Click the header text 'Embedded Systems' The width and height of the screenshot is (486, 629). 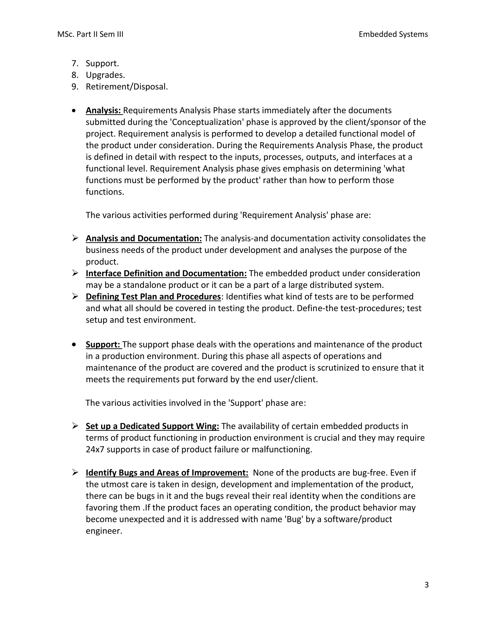click(x=393, y=34)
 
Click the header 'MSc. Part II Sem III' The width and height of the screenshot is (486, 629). click(x=90, y=34)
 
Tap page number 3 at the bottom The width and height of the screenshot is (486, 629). click(x=426, y=585)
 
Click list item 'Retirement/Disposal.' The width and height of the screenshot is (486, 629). click(x=127, y=86)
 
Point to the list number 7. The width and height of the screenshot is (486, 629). click(x=75, y=63)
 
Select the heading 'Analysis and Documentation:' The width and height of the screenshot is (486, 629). click(x=144, y=239)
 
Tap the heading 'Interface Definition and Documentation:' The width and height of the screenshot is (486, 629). click(x=166, y=273)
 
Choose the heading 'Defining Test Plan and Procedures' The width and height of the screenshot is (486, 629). click(x=153, y=297)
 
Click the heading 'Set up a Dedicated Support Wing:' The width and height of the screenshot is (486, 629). click(x=152, y=426)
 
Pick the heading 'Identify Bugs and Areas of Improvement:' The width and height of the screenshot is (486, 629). click(x=167, y=473)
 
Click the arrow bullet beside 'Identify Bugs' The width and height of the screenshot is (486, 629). click(x=75, y=472)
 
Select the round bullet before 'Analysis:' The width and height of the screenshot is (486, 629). click(x=74, y=111)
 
